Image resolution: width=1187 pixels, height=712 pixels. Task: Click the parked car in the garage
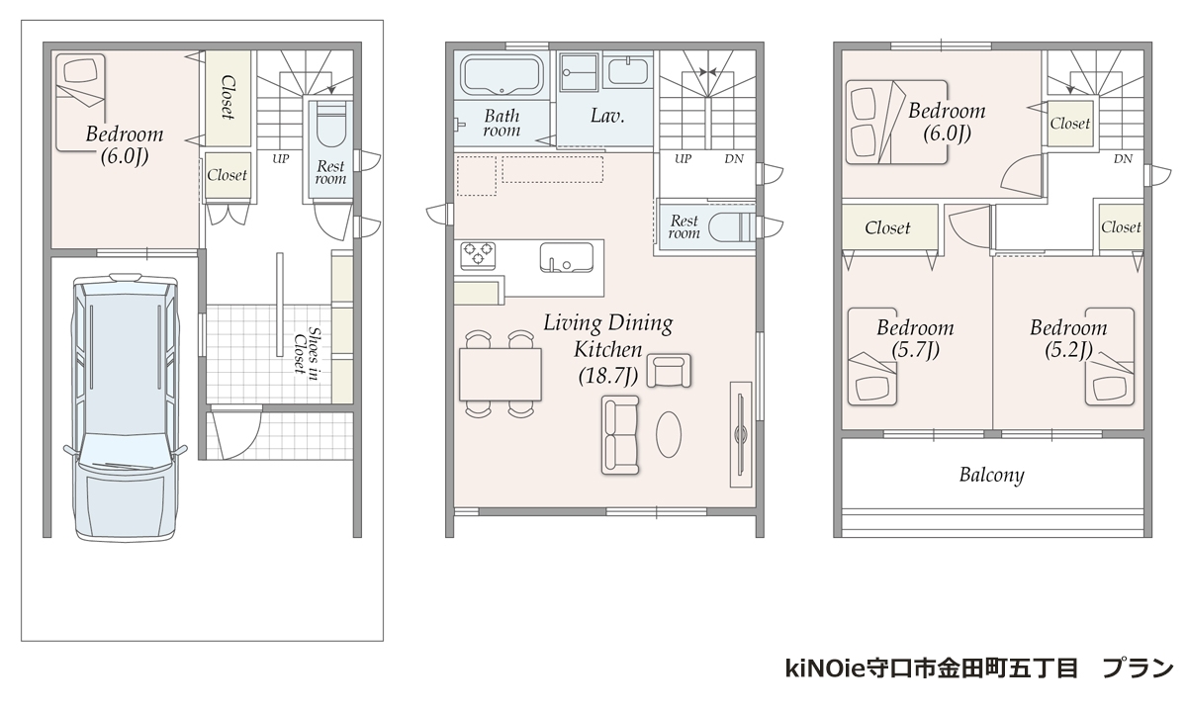pos(125,406)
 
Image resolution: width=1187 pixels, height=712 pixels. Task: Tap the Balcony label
pos(991,475)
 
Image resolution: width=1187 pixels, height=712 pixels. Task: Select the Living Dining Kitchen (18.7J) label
pos(608,349)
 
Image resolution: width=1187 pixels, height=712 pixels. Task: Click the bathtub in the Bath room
pos(502,75)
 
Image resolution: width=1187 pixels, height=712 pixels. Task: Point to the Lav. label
pos(607,116)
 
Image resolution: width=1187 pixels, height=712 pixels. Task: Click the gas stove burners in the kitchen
pos(478,254)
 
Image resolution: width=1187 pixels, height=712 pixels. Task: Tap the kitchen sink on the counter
pos(567,257)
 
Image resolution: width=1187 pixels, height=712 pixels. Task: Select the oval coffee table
pos(669,434)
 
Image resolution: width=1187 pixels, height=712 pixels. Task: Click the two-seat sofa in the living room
pos(620,435)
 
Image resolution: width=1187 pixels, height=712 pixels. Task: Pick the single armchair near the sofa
pos(669,371)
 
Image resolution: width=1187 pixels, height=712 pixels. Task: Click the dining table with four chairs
pos(501,374)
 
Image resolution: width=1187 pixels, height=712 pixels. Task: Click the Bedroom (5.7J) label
pos(915,338)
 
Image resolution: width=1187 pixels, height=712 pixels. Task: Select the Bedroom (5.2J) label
pos(1068,338)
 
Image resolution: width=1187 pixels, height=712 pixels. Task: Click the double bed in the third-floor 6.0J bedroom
pos(896,122)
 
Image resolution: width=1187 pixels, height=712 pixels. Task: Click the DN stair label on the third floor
pos(1123,158)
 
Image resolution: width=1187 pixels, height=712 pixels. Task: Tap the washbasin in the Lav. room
pos(628,71)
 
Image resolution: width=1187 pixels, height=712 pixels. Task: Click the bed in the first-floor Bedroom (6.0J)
pos(80,102)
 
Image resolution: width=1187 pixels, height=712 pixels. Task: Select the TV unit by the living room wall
pos(741,434)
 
